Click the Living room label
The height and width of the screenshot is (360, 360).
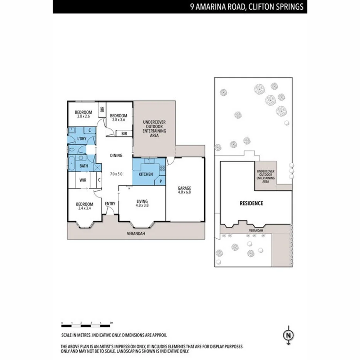(x=142, y=201)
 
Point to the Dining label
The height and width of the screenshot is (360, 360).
(x=116, y=156)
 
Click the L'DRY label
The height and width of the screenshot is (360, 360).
(x=82, y=139)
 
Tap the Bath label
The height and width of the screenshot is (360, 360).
(x=84, y=166)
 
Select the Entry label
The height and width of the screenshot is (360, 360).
(x=110, y=204)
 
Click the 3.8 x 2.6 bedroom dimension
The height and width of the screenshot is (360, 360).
(x=83, y=116)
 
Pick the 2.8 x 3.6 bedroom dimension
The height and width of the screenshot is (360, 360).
(x=119, y=120)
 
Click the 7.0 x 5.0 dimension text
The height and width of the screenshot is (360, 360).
(x=116, y=174)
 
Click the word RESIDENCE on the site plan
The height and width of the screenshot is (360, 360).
(x=251, y=203)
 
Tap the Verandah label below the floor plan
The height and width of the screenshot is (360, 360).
(x=136, y=234)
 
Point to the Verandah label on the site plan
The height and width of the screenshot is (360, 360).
(x=256, y=230)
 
